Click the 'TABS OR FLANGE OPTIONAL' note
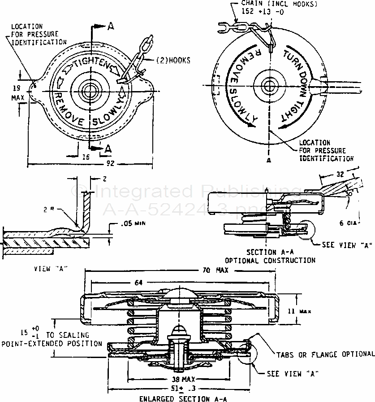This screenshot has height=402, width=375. click(x=325, y=354)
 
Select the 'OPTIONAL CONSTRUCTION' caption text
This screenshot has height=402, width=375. click(x=270, y=260)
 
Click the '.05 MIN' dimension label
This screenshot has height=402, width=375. click(x=134, y=223)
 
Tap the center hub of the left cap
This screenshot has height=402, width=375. click(x=88, y=89)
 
